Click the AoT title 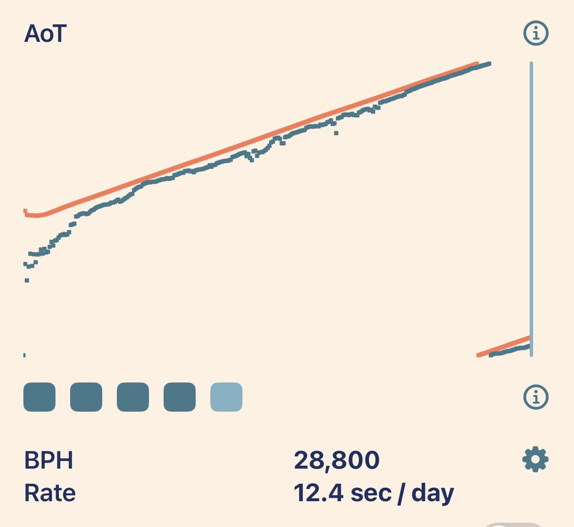[x=45, y=34]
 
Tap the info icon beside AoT [x=536, y=33]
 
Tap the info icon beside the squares [x=536, y=397]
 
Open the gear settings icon [x=535, y=459]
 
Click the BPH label [x=48, y=460]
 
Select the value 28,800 [x=336, y=460]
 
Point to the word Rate [x=50, y=493]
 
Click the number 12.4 [x=318, y=493]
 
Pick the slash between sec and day [x=402, y=494]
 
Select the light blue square [x=226, y=397]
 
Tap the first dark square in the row [x=39, y=397]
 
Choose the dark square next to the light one [x=179, y=397]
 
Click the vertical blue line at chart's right [x=531, y=209]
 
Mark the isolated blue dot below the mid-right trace [x=336, y=133]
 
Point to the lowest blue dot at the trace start [x=27, y=280]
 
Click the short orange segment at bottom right [x=503, y=346]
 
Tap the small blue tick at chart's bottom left [x=24, y=355]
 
